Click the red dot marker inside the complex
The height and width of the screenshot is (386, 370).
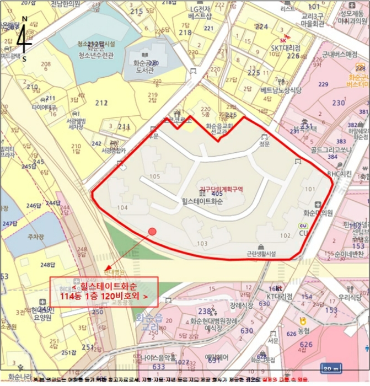coord(153,232)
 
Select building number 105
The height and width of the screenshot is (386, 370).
coord(154,176)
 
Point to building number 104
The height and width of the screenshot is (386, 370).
coord(122,207)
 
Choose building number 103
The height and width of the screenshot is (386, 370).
coord(202,243)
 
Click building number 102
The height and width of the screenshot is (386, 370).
coord(285,235)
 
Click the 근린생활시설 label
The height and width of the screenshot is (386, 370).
coord(261,254)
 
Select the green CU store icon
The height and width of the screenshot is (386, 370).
coord(303,226)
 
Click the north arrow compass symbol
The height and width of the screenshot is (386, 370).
coord(24,39)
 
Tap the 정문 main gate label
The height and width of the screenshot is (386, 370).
coord(264,144)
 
